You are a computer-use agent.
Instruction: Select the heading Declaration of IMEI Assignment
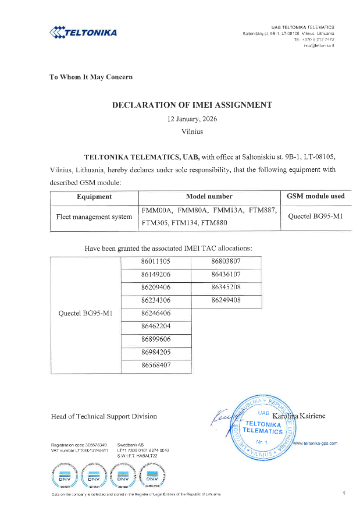tap(192, 105)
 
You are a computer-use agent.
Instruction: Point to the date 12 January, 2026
tap(192, 119)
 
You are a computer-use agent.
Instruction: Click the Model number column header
tap(208, 197)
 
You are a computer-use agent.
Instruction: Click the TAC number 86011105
tap(155, 261)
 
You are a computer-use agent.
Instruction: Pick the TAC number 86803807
tap(226, 261)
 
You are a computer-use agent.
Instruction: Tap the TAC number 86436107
tap(226, 274)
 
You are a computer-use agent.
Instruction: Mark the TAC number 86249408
tap(226, 300)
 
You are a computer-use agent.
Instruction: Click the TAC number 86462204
tap(155, 326)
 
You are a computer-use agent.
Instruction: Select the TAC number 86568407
tap(155, 365)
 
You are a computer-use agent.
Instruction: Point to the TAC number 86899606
tap(155, 339)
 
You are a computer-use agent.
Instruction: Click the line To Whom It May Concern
tap(91, 77)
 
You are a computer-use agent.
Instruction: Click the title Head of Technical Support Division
tap(104, 416)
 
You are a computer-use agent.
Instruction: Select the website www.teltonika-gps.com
tap(316, 443)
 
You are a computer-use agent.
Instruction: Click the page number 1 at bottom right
tap(344, 494)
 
